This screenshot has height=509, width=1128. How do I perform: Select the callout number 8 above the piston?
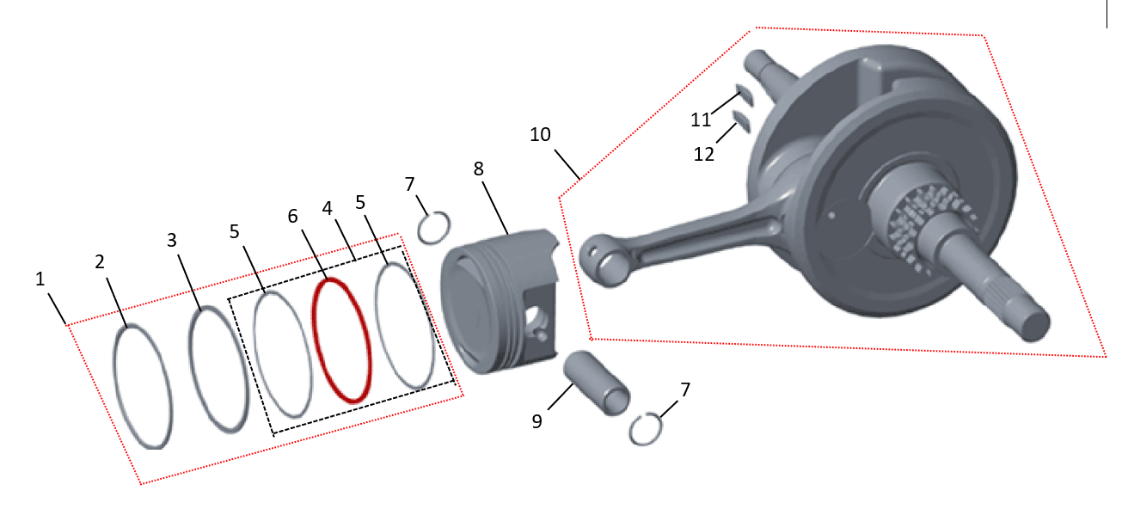(478, 169)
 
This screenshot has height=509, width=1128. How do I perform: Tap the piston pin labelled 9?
(597, 383)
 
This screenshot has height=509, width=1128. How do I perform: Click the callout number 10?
(540, 134)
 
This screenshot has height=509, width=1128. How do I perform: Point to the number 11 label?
(701, 120)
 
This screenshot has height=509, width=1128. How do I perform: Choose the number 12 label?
(704, 154)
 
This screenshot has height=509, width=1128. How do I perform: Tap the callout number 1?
(40, 279)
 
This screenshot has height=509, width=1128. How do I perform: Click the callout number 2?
(100, 261)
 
